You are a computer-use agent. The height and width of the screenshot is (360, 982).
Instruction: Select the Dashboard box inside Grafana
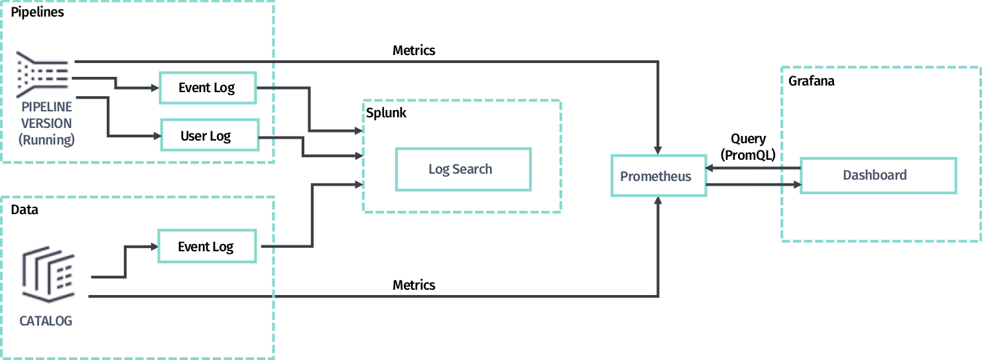(x=878, y=176)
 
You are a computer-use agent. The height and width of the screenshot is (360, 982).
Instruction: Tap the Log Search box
(x=463, y=169)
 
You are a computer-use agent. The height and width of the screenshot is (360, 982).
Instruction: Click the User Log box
(x=209, y=137)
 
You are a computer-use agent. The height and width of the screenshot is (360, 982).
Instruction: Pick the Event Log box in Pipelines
(x=208, y=88)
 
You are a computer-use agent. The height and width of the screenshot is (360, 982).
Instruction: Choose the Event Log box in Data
(x=206, y=247)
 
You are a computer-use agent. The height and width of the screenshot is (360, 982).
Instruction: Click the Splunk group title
(x=386, y=113)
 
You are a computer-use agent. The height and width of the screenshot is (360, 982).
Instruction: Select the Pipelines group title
(x=37, y=12)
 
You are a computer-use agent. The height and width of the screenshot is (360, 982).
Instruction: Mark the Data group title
(x=25, y=210)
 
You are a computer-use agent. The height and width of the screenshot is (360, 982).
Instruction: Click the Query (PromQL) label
(x=748, y=147)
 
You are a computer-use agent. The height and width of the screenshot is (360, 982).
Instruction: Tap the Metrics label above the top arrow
(x=414, y=50)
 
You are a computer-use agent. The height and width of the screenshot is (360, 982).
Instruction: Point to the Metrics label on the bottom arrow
(x=414, y=285)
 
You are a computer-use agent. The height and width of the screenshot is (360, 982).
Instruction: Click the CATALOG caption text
(x=46, y=322)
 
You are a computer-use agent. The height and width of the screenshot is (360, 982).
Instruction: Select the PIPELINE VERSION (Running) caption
(x=46, y=123)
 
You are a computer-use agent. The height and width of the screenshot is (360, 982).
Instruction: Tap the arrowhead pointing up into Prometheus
(x=658, y=202)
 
